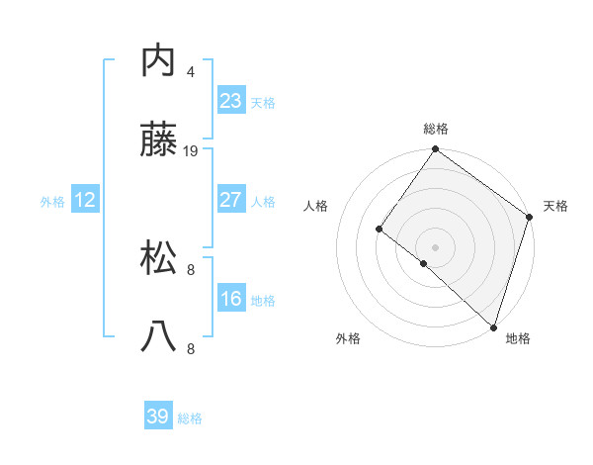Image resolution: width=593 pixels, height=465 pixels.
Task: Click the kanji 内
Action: pos(159,61)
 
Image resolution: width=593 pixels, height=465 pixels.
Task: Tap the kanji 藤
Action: pos(159,141)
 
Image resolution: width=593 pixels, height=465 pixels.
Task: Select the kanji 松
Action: pos(159,258)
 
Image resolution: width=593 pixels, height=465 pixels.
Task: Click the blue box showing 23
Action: pos(231,100)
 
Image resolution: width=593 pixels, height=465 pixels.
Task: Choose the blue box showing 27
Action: pos(231,200)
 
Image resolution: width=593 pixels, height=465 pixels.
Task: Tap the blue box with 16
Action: pos(231,299)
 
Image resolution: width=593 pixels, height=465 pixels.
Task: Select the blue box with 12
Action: pos(85,200)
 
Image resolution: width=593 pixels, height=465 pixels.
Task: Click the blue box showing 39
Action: pos(158,417)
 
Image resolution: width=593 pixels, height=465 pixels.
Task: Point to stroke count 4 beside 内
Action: pos(191,71)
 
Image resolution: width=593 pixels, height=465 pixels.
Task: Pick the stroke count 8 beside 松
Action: pos(191,269)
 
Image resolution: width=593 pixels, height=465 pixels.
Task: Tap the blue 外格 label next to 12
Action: pos(52,201)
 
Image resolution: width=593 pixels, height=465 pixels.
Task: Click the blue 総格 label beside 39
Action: pos(190,418)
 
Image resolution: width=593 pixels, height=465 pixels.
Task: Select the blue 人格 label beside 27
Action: pos(263,201)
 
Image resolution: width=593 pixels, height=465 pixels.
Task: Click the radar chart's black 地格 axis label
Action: pos(518,339)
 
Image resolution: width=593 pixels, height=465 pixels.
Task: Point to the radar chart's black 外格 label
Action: pos(348,339)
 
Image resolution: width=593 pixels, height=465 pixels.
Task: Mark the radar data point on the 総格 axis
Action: pos(435,150)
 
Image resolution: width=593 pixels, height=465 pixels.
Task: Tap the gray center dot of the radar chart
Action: pos(435,246)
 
